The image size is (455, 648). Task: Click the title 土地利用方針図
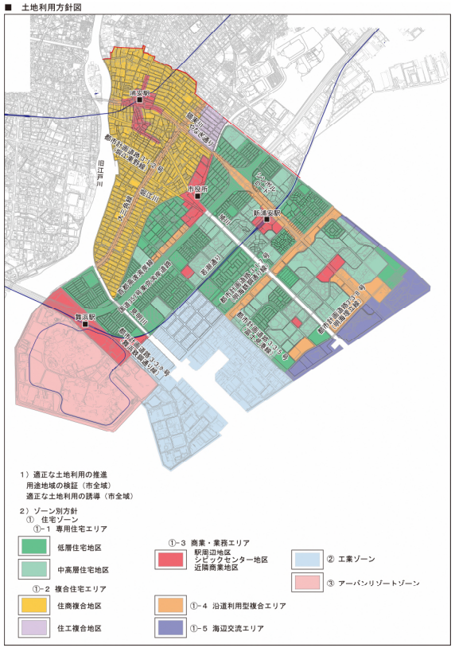click(x=48, y=6)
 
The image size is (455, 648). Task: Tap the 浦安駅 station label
click(x=142, y=93)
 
